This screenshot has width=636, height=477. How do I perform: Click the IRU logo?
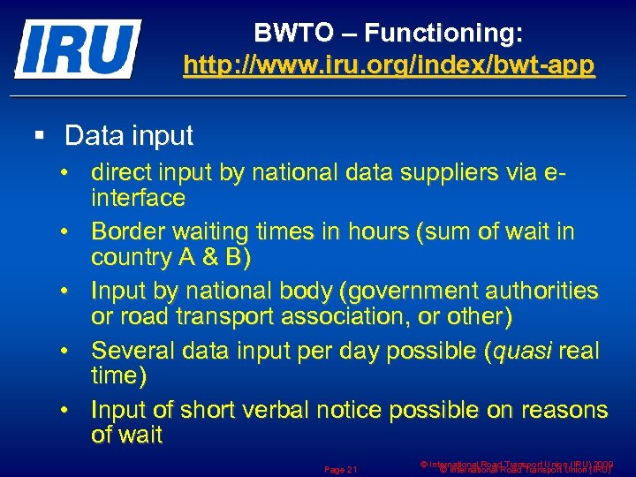click(x=78, y=49)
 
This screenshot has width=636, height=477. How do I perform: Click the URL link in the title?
click(x=389, y=66)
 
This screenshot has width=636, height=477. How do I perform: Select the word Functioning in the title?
click(x=443, y=34)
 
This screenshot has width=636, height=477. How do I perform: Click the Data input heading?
click(x=129, y=135)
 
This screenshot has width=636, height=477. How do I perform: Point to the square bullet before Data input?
click(x=38, y=136)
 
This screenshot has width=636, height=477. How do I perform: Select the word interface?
click(x=139, y=198)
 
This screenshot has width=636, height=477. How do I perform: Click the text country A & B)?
click(x=171, y=257)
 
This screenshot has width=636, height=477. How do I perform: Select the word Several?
click(x=133, y=351)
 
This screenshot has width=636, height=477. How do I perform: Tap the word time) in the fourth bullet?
click(x=120, y=375)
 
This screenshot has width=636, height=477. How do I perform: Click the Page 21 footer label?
click(x=340, y=468)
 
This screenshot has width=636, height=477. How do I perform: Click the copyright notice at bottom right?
click(x=517, y=466)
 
